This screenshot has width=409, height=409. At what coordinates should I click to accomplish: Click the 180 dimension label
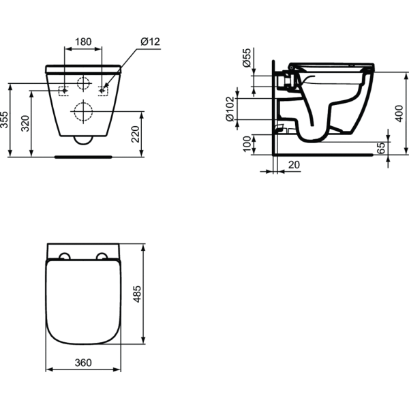(x=82, y=42)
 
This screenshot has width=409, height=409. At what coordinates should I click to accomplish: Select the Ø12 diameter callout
(x=150, y=42)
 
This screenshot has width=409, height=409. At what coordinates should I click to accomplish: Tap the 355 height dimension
(x=5, y=120)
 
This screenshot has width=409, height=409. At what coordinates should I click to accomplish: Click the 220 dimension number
(x=136, y=133)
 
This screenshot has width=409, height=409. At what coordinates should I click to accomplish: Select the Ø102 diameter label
(x=230, y=108)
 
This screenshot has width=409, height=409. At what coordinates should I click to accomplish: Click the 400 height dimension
(x=401, y=112)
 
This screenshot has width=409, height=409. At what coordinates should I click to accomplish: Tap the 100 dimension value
(x=247, y=144)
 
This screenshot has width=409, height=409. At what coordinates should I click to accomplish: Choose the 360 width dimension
(x=82, y=363)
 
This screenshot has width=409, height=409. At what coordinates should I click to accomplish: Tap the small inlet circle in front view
(x=83, y=85)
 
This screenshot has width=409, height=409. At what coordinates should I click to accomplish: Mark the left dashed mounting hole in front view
(x=63, y=89)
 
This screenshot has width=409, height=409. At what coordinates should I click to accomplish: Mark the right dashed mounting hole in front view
(x=103, y=89)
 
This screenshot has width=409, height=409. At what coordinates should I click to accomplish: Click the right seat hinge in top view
(x=102, y=257)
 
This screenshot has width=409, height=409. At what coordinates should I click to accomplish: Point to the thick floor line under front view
(x=83, y=155)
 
